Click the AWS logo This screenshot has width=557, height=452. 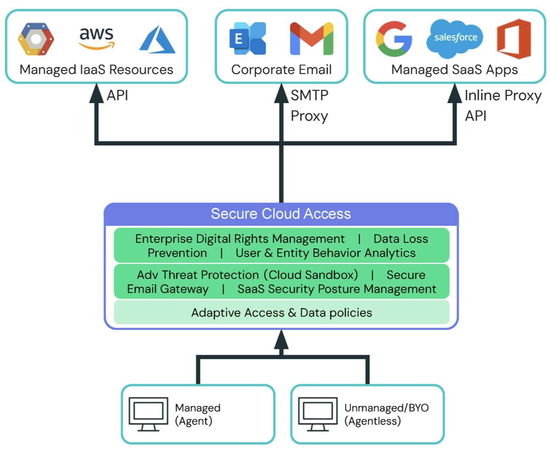97,38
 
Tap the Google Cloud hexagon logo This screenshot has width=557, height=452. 36,39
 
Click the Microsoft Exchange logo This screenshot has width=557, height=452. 248,39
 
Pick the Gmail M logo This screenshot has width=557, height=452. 312,39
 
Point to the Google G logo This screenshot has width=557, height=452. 394,39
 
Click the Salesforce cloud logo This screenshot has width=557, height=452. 455,38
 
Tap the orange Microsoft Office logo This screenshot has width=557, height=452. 514,39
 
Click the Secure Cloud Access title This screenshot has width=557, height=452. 281,214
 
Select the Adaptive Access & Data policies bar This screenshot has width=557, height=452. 281,312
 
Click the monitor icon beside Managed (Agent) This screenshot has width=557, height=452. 148,414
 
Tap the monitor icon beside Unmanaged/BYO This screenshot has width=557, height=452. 318,414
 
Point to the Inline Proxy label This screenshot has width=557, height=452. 503,95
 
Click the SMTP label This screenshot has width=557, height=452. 309,95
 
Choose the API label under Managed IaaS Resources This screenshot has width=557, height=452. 117,95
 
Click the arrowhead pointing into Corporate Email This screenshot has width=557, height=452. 281,93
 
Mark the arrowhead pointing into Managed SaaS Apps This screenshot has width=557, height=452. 454,93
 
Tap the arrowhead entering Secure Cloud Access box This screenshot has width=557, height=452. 281,339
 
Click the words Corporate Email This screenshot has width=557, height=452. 281,70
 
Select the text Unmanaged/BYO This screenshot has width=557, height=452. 386,408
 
